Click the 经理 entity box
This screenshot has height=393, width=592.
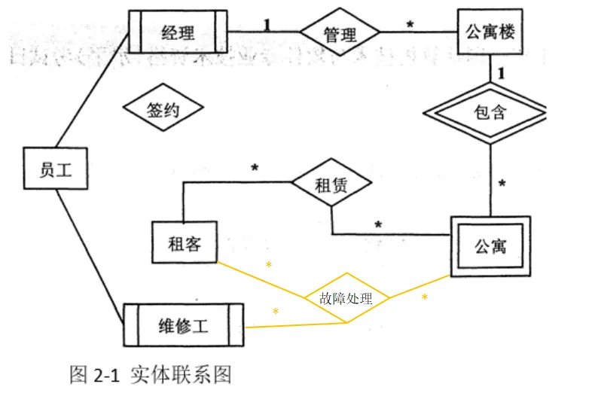(x=178, y=32)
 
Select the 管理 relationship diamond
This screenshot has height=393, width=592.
(x=339, y=34)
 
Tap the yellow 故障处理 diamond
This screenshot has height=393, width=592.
(x=346, y=298)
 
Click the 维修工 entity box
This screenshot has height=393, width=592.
(x=183, y=325)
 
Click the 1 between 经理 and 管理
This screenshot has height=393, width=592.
(x=267, y=23)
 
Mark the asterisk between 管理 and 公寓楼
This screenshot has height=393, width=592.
(x=410, y=26)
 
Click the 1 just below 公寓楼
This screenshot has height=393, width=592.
(x=499, y=75)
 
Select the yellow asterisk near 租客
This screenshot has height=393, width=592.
(x=269, y=266)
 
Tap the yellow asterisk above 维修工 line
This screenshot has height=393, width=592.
(x=276, y=312)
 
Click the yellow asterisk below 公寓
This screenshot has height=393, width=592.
(x=424, y=298)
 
